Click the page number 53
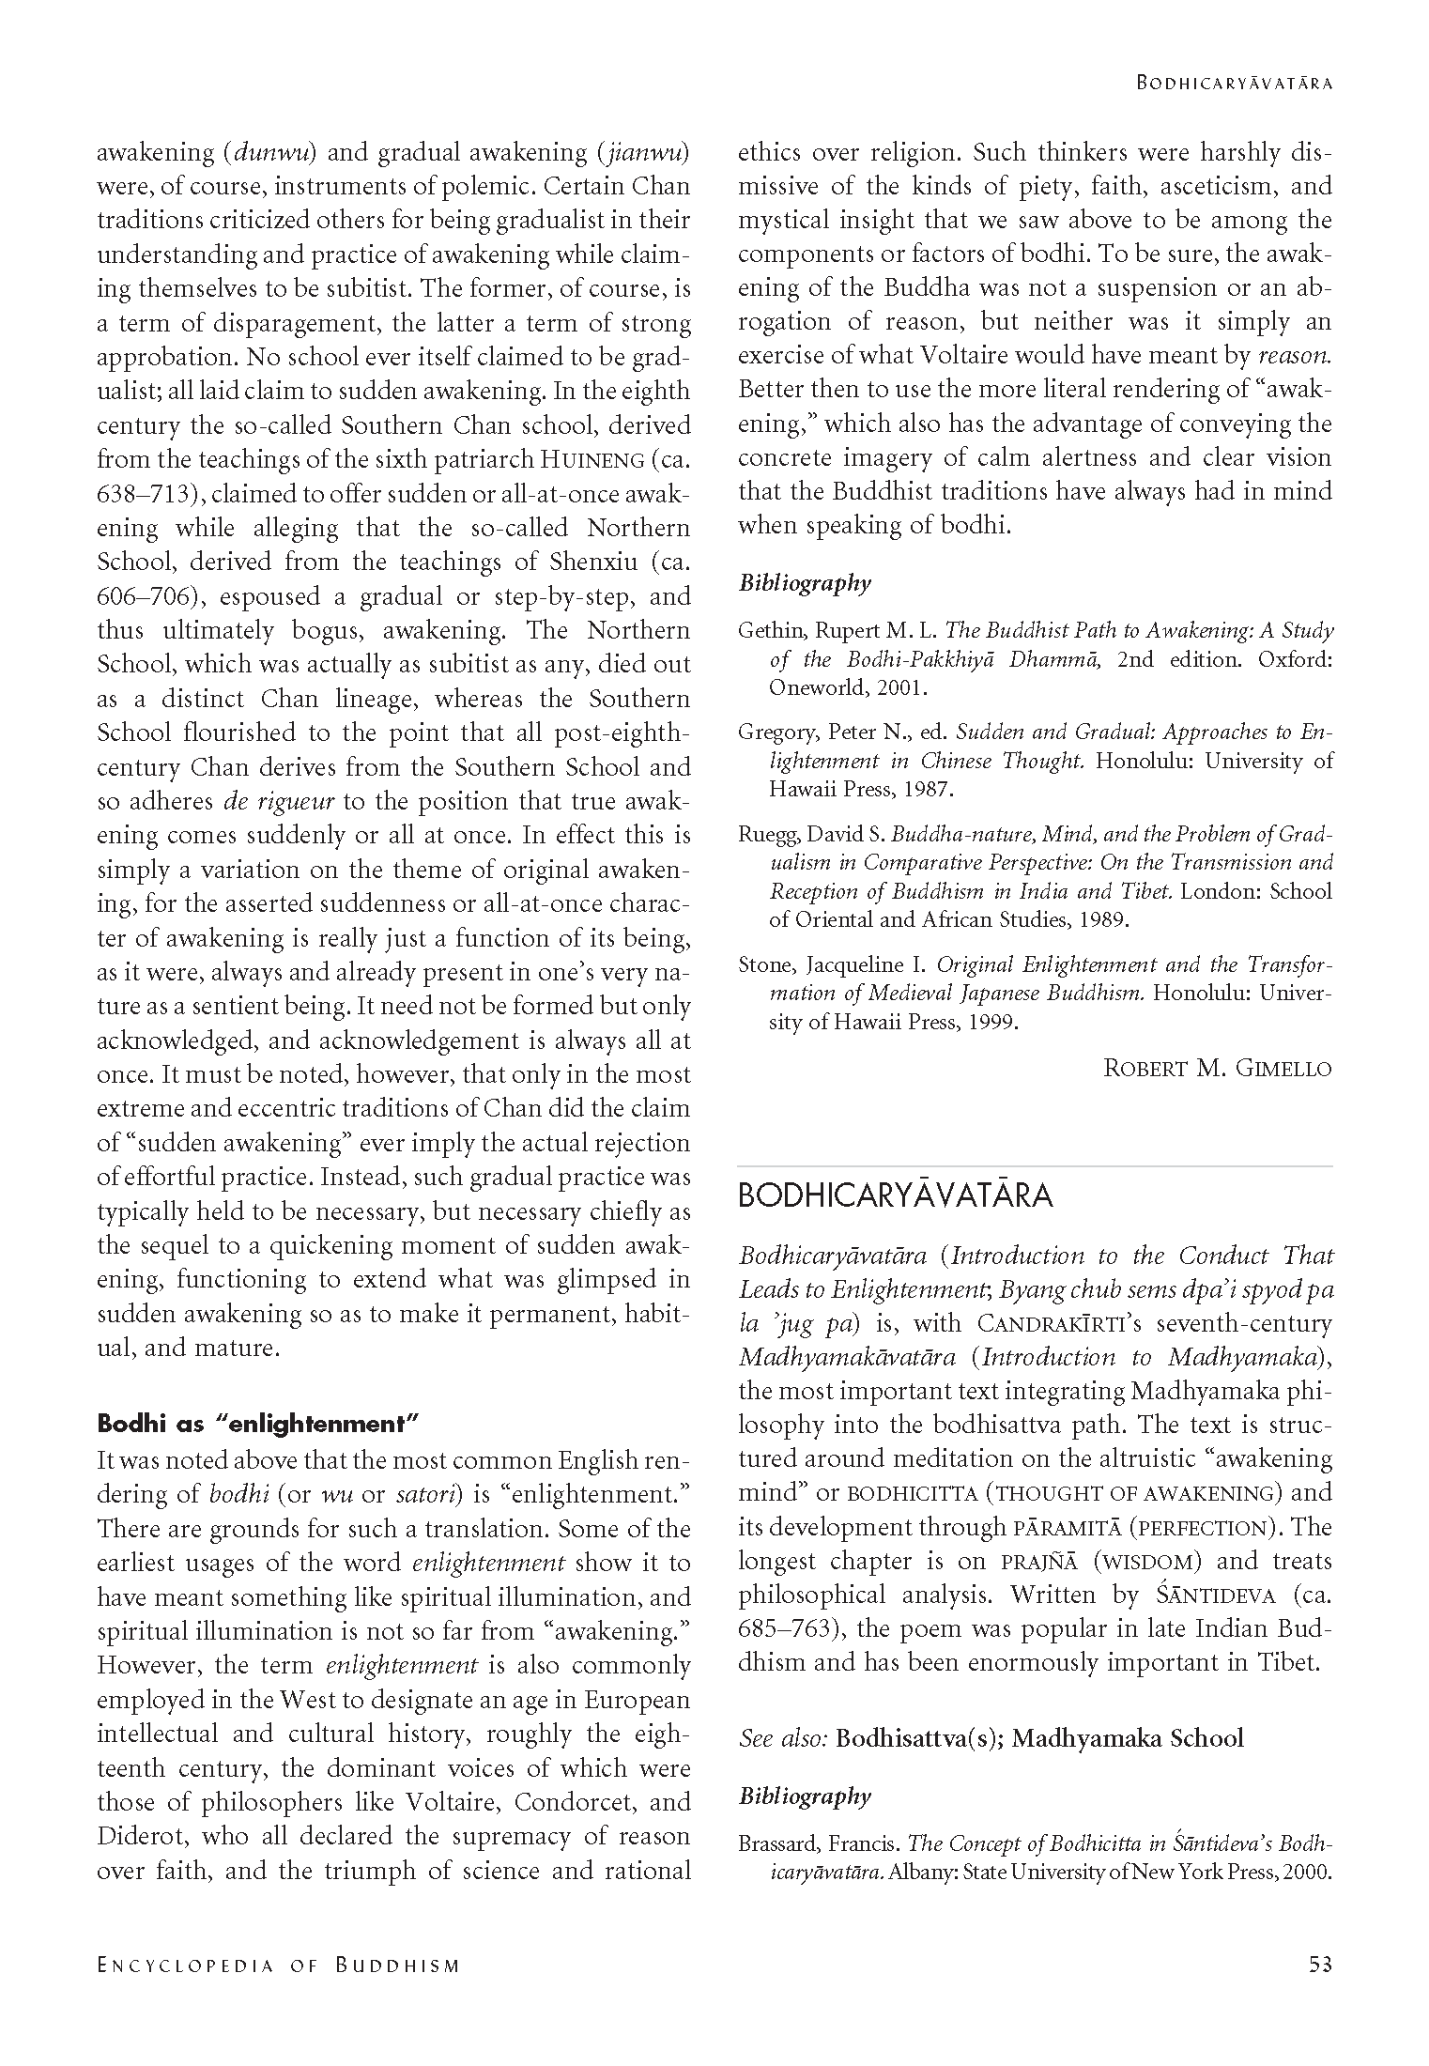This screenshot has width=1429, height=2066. [1319, 1964]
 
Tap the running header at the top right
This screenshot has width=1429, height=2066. [1235, 83]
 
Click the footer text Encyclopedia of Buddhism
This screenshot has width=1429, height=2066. [279, 1965]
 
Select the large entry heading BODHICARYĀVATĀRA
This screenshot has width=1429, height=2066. [895, 1196]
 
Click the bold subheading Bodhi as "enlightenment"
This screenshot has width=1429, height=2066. [257, 1423]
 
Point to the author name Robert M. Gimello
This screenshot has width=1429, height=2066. [1217, 1068]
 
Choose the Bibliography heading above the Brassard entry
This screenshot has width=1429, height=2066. [805, 1796]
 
